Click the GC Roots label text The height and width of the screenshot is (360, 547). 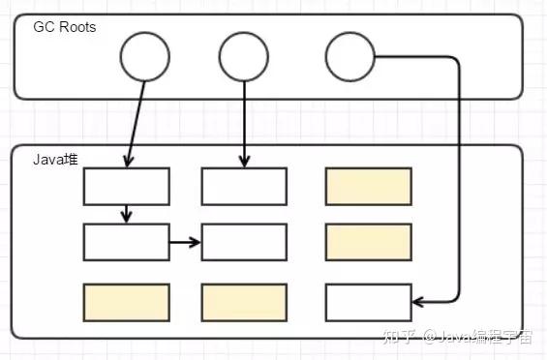point(66,27)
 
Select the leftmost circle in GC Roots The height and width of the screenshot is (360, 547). point(145,56)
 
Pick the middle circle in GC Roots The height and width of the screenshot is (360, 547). point(243,56)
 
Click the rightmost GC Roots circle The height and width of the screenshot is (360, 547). point(349,56)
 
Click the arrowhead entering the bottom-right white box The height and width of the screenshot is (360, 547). point(418,302)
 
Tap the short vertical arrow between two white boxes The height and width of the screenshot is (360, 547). point(127,214)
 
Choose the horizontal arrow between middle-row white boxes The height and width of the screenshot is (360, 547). point(185,242)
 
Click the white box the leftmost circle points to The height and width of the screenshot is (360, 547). point(127,186)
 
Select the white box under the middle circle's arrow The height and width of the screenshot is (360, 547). point(244,186)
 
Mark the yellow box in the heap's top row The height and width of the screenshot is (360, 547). point(368,186)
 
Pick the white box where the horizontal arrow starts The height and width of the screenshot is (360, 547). point(127,242)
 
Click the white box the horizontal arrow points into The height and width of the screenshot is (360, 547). point(244,242)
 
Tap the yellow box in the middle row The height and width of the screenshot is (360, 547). point(368,242)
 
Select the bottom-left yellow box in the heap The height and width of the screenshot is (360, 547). point(127,302)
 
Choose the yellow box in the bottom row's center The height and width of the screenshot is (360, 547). point(244,302)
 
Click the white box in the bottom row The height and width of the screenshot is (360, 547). point(368,302)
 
